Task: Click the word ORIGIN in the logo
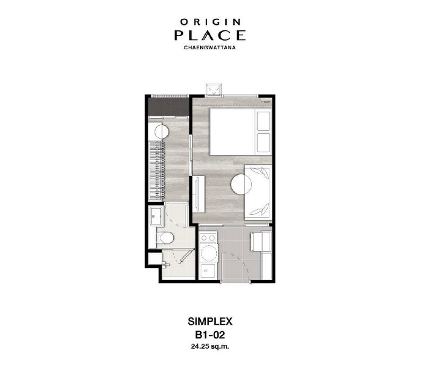[210, 22]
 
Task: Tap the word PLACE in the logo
[210, 35]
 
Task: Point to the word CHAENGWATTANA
[210, 48]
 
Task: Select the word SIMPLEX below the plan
[210, 322]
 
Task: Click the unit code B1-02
[210, 335]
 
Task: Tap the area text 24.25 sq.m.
[210, 347]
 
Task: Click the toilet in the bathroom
[165, 238]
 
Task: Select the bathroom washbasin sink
[156, 217]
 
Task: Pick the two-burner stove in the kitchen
[208, 238]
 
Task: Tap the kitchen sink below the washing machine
[208, 271]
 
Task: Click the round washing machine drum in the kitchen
[208, 253]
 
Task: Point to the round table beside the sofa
[241, 184]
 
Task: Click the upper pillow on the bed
[263, 120]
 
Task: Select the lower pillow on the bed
[263, 142]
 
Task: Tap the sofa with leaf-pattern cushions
[258, 192]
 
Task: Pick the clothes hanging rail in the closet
[157, 170]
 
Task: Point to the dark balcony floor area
[168, 107]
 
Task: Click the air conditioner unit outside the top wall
[214, 90]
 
